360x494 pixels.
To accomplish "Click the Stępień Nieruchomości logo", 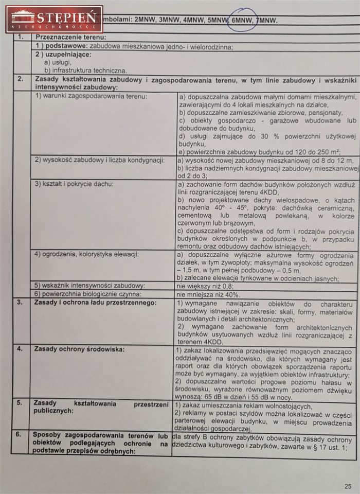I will pyautogui.click(x=53, y=19).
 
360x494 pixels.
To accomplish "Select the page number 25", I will pyautogui.click(x=348, y=485).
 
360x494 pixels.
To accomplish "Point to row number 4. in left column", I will pyautogui.click(x=20, y=349).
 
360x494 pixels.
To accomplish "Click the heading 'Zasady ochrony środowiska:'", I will pyautogui.click(x=79, y=349).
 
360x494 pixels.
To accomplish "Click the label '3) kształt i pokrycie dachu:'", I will pyautogui.click(x=74, y=184).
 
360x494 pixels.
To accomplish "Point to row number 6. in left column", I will pyautogui.click(x=20, y=434).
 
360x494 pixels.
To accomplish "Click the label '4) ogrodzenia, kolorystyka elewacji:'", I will pyautogui.click(x=87, y=254).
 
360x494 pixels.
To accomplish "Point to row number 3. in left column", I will pyautogui.click(x=20, y=303).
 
